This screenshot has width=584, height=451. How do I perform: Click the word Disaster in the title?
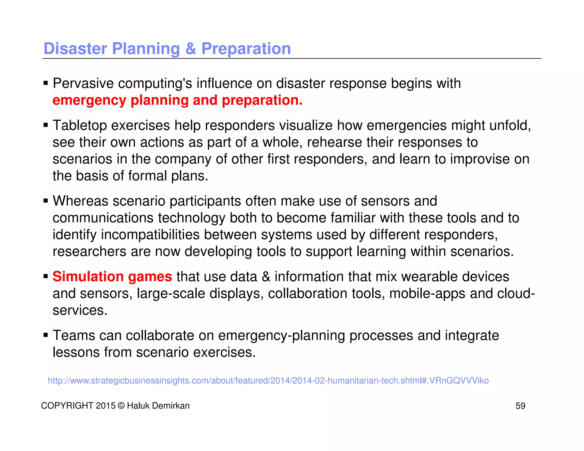(x=75, y=48)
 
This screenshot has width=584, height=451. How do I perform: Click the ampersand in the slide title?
(x=190, y=48)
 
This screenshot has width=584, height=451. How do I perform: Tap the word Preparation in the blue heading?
(x=246, y=48)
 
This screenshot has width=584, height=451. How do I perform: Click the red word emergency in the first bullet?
(x=89, y=100)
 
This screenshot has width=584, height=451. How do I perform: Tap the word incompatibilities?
(x=150, y=235)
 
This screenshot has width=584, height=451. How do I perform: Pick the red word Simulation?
(x=88, y=277)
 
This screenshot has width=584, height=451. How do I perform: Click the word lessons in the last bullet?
(x=76, y=352)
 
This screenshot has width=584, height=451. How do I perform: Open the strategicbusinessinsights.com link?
(x=268, y=381)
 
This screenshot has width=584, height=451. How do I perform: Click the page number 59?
(x=520, y=406)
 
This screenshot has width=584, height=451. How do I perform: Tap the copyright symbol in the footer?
(x=121, y=406)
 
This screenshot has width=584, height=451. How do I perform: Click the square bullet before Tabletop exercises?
(x=46, y=125)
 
